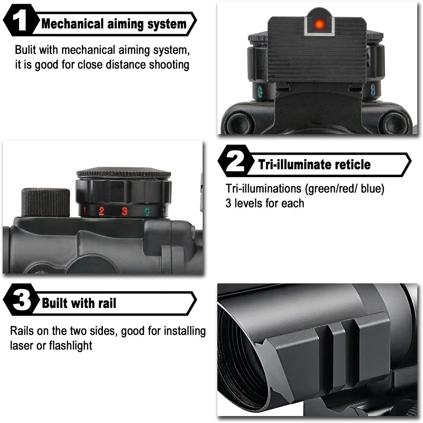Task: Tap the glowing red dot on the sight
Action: click(x=319, y=25)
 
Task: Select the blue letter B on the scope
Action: click(x=373, y=90)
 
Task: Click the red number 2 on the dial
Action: click(x=102, y=211)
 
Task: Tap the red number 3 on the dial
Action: click(x=124, y=211)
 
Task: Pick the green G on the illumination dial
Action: click(x=147, y=211)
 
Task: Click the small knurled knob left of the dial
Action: click(x=46, y=202)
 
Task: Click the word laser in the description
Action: click(x=22, y=345)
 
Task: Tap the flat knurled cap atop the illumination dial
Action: click(x=124, y=173)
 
